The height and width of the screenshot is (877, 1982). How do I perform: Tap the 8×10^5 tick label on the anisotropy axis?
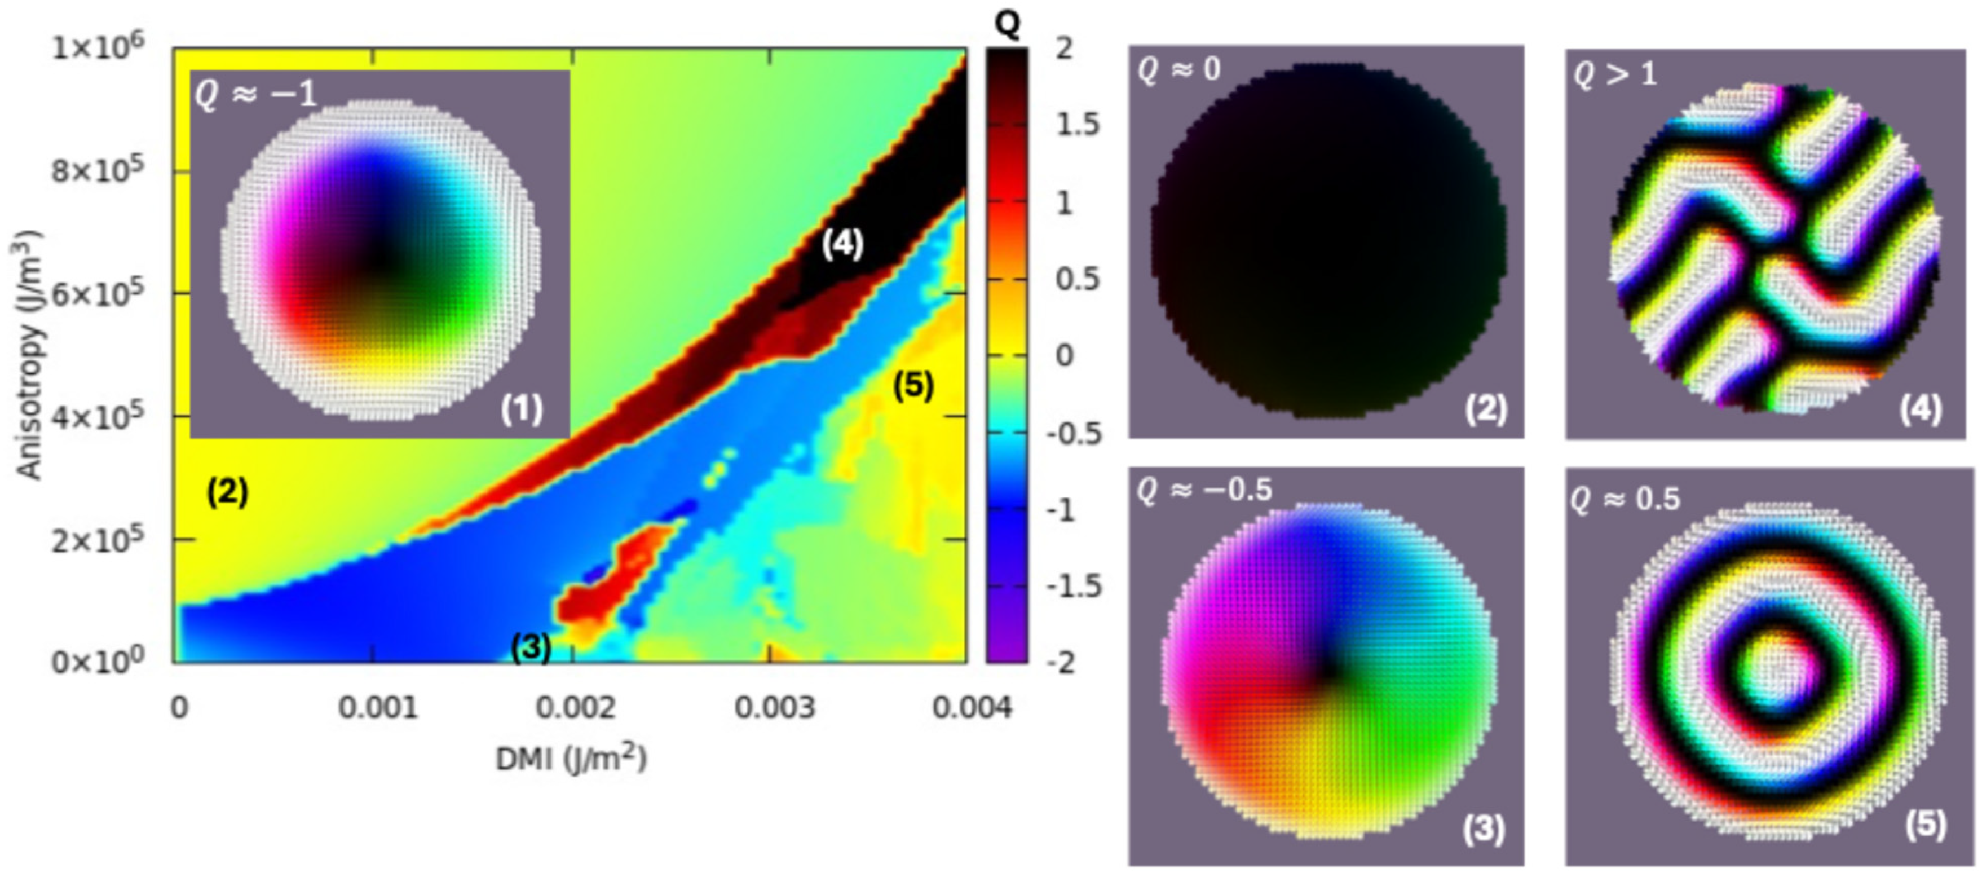pyautogui.click(x=97, y=171)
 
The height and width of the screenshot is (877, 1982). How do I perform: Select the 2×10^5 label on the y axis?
pyautogui.click(x=97, y=541)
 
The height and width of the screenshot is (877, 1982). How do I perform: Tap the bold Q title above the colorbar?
pyautogui.click(x=1007, y=25)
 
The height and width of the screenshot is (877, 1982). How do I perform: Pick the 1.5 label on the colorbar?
pyautogui.click(x=1077, y=125)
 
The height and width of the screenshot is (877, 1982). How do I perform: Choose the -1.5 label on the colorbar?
pyautogui.click(x=1074, y=586)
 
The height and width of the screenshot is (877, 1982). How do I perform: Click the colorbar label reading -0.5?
pyautogui.click(x=1074, y=433)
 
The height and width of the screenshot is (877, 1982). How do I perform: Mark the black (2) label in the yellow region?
pyautogui.click(x=227, y=492)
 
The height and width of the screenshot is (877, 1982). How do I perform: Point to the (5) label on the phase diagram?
pyautogui.click(x=913, y=385)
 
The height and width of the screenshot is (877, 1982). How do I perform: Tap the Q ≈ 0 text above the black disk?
pyautogui.click(x=1178, y=70)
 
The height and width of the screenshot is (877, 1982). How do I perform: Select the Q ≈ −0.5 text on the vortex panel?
pyautogui.click(x=1204, y=490)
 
